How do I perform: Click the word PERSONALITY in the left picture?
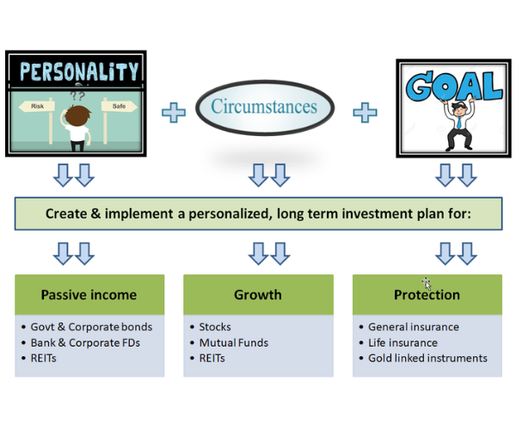click(x=79, y=71)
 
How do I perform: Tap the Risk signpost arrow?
click(x=36, y=107)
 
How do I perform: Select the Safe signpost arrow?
click(x=120, y=107)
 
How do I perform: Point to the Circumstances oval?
click(x=265, y=107)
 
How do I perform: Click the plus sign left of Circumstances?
click(x=174, y=113)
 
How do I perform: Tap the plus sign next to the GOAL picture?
click(x=365, y=113)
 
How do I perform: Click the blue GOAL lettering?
click(x=454, y=85)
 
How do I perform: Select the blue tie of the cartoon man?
click(x=458, y=122)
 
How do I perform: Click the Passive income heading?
click(x=89, y=295)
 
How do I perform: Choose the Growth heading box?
click(x=258, y=295)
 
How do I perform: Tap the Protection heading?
click(x=427, y=295)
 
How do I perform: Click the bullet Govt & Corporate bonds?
click(x=91, y=327)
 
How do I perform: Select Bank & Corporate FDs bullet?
click(x=85, y=343)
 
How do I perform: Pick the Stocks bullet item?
click(x=215, y=327)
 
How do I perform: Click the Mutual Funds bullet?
click(x=234, y=343)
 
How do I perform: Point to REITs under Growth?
click(x=212, y=359)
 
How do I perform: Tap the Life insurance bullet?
click(x=402, y=343)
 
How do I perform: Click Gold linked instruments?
click(x=427, y=359)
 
